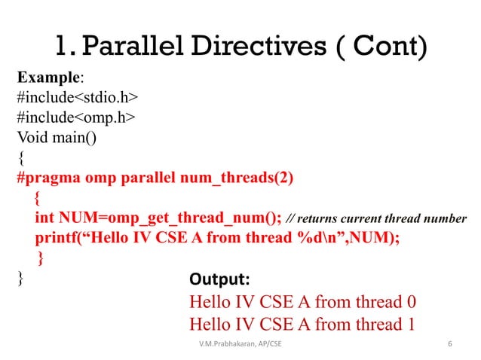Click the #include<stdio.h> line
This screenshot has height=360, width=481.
76,99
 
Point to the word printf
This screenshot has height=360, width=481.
55,238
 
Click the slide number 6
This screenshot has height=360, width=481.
449,345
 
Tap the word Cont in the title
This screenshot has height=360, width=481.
378,47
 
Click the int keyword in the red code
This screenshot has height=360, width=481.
43,218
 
